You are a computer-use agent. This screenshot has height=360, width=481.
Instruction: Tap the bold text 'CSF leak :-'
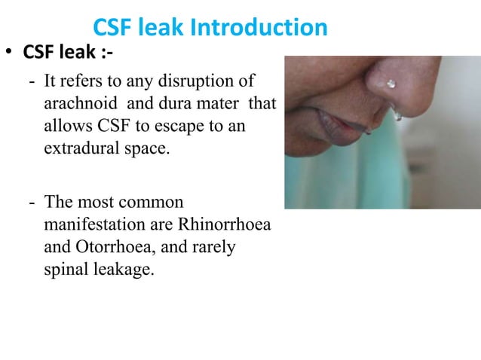[x=69, y=53]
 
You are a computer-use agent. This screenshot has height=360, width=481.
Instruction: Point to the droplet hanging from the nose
[x=397, y=115]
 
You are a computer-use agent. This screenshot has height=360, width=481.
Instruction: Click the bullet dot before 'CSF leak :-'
[x=11, y=54]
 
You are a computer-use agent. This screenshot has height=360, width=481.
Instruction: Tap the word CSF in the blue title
[x=118, y=28]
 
